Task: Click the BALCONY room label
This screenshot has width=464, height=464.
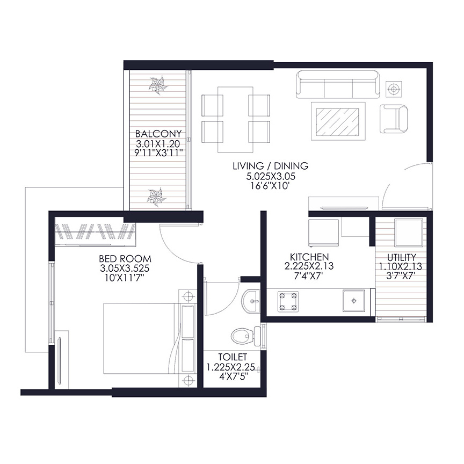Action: coord(158,134)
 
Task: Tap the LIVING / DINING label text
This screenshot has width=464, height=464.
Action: coord(271,166)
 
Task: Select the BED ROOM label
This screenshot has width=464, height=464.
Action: coord(125,259)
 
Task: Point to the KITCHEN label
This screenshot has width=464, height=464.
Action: coord(309,257)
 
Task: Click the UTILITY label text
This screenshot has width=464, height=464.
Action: coord(402,257)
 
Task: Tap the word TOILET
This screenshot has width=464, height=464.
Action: coord(233,357)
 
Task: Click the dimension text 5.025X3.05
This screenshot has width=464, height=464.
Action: coord(271,176)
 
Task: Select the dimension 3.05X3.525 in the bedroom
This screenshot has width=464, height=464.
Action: coord(125,269)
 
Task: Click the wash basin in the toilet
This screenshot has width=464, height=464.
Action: coord(251,301)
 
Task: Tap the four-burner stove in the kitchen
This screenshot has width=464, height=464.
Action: coord(288,301)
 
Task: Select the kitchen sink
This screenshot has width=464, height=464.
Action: coord(353,301)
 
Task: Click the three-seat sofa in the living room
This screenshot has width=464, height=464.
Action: coord(338,84)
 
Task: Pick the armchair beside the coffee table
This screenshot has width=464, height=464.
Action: coord(394,119)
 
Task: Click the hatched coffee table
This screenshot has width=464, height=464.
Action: coord(338,121)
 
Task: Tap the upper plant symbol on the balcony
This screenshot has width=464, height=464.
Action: coord(157,85)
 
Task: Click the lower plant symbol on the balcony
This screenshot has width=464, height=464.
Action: coord(157,197)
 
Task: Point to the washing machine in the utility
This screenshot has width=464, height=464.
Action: coord(409,233)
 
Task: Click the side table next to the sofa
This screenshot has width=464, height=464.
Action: coord(394,89)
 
